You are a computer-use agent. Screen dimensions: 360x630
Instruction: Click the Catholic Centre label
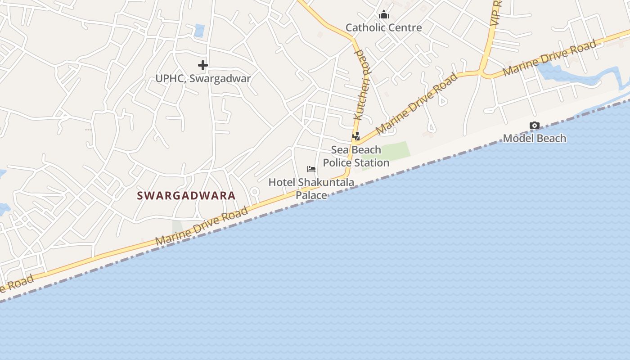click(383, 27)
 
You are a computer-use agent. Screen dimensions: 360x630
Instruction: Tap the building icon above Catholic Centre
click(383, 15)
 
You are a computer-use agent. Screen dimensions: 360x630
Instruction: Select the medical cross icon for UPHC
click(203, 65)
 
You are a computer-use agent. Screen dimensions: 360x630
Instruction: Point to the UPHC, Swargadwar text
click(203, 78)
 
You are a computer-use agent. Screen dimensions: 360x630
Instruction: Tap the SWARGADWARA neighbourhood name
click(186, 195)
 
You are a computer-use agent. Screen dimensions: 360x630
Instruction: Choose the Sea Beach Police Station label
click(356, 156)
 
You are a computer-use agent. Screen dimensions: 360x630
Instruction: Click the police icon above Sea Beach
click(356, 136)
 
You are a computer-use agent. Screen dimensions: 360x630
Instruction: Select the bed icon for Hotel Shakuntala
click(311, 169)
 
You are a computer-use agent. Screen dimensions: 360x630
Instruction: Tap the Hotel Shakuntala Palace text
click(311, 189)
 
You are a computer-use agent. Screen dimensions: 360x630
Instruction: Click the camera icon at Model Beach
click(534, 126)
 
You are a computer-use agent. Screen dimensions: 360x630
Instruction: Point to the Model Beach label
click(534, 138)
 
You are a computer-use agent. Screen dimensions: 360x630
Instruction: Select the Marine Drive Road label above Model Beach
click(549, 58)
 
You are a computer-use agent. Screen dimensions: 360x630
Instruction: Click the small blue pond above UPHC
click(199, 31)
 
